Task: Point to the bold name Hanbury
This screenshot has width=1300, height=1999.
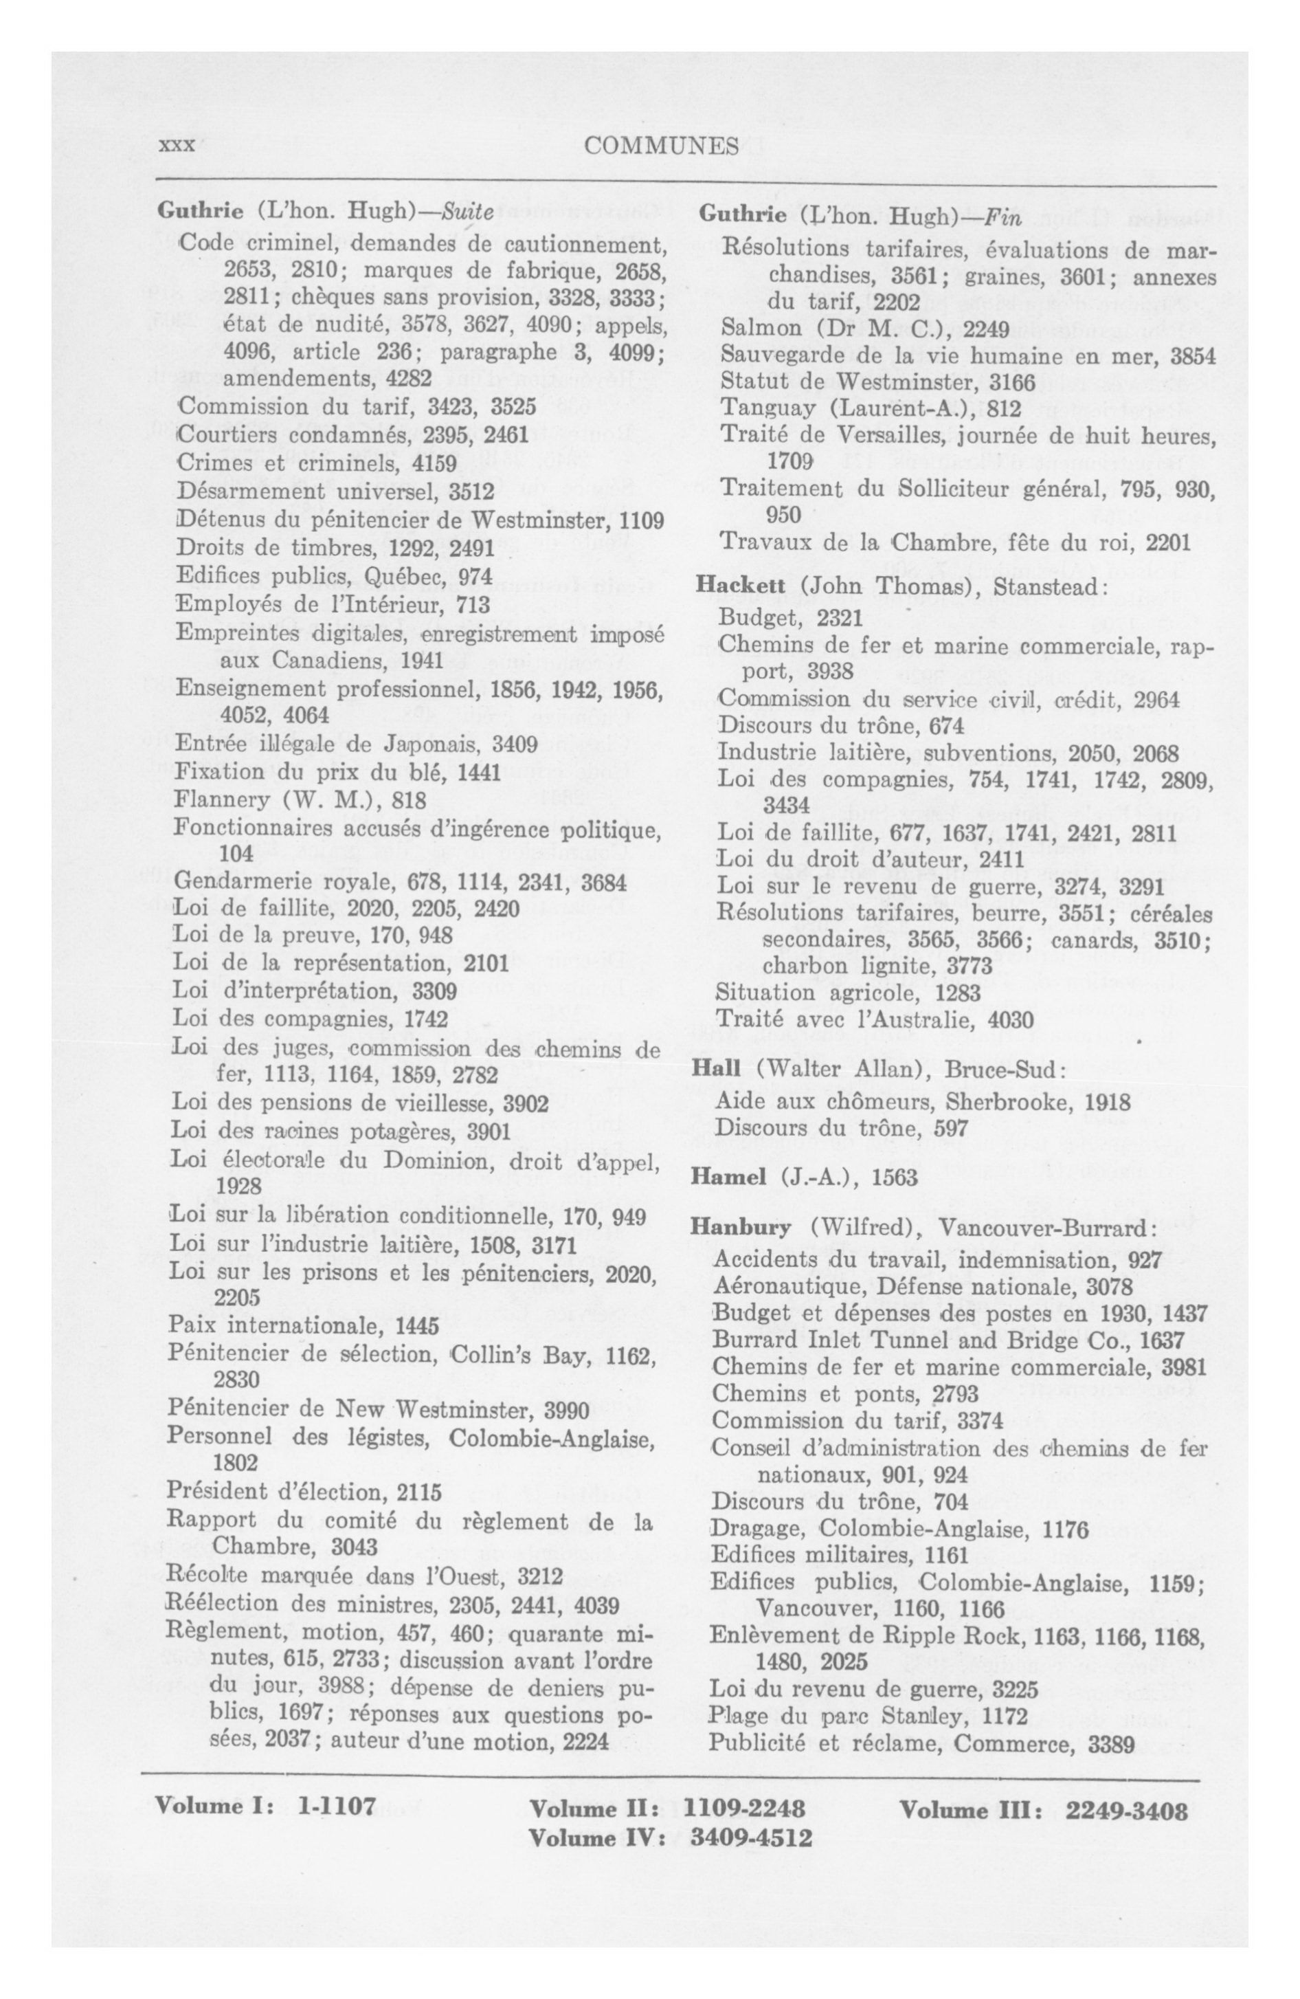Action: point(740,1227)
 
